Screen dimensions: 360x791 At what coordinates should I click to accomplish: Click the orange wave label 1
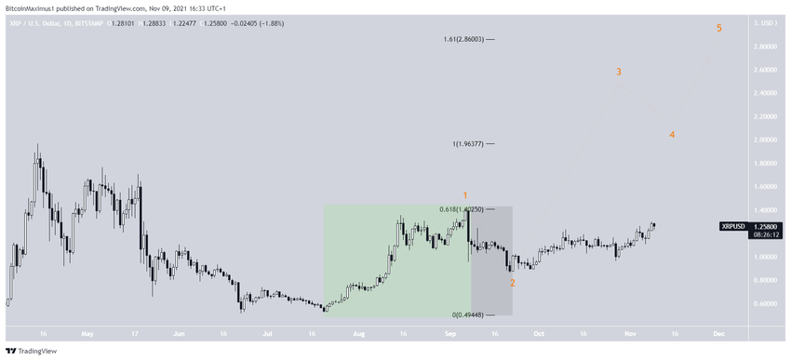pyautogui.click(x=464, y=195)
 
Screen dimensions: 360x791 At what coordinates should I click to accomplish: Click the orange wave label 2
pyautogui.click(x=512, y=282)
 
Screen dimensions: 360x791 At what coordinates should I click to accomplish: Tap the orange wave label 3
pyautogui.click(x=619, y=72)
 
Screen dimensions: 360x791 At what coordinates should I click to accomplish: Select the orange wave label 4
pyautogui.click(x=672, y=135)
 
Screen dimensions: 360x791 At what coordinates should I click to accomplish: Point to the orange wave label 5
pyautogui.click(x=719, y=29)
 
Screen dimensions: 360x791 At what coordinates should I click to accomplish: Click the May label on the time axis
pyautogui.click(x=87, y=331)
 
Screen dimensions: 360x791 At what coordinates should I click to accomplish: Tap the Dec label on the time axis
pyautogui.click(x=718, y=331)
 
